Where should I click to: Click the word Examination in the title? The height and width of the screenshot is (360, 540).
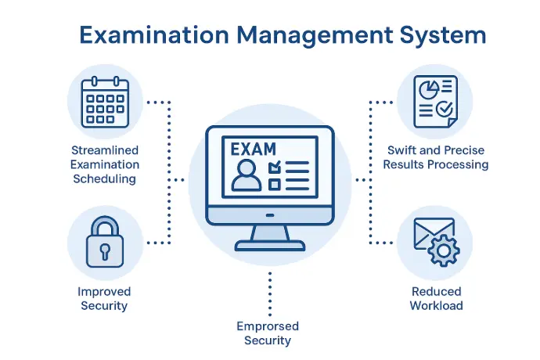(x=154, y=35)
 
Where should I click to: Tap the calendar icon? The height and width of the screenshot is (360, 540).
(x=105, y=103)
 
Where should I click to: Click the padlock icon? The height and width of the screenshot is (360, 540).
(x=105, y=242)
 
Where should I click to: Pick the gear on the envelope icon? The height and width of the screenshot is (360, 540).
(x=444, y=250)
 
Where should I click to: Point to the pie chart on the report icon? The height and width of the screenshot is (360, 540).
(x=429, y=90)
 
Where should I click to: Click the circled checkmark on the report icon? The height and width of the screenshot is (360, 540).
(x=445, y=109)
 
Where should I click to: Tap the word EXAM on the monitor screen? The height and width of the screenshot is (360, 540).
(x=253, y=149)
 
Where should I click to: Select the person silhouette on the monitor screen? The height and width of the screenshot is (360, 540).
(x=247, y=175)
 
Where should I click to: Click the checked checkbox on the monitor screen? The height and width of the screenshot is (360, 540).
(x=275, y=167)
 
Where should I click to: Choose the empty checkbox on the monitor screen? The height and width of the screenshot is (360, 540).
(x=274, y=185)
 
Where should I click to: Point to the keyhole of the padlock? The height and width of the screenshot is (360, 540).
(x=105, y=251)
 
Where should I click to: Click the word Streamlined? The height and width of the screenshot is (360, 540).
(x=105, y=150)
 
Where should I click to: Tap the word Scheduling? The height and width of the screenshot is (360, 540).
(x=104, y=179)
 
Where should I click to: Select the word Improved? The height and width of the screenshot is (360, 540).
(x=104, y=292)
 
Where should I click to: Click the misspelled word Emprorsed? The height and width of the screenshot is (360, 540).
(x=268, y=326)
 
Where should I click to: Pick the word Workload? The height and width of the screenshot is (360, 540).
(x=437, y=305)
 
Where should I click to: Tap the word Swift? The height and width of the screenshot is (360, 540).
(x=401, y=150)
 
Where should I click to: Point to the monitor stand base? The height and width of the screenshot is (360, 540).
(x=270, y=245)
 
